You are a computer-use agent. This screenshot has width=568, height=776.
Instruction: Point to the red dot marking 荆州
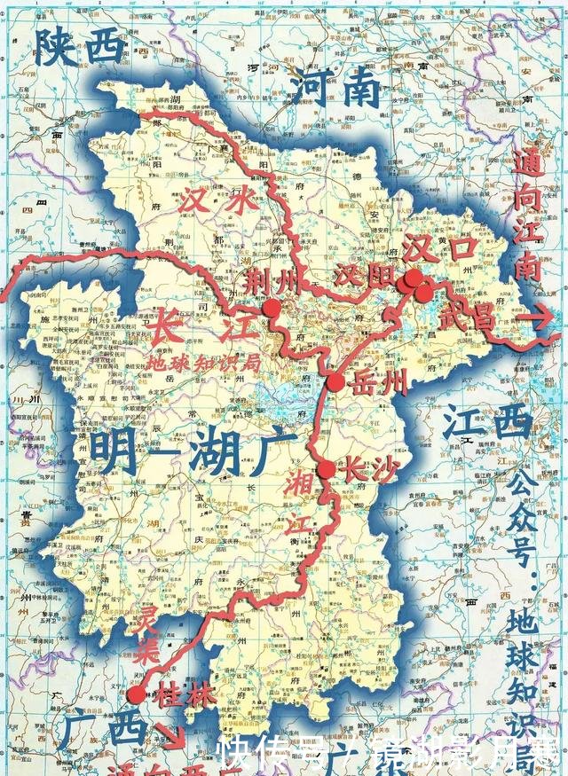tap(272, 308)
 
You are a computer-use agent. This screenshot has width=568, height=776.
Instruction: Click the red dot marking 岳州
tap(335, 382)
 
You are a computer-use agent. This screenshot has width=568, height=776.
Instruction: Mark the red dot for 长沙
tap(327, 470)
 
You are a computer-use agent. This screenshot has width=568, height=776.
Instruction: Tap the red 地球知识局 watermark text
tap(203, 363)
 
